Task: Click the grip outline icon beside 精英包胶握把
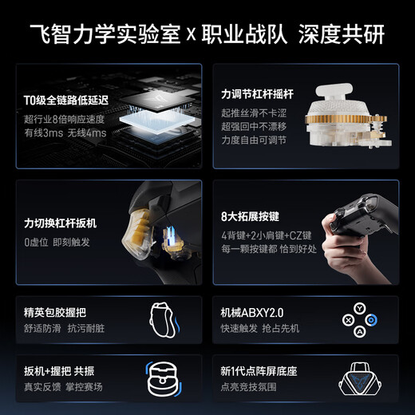click(x=164, y=320)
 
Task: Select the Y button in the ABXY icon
click(x=361, y=307)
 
